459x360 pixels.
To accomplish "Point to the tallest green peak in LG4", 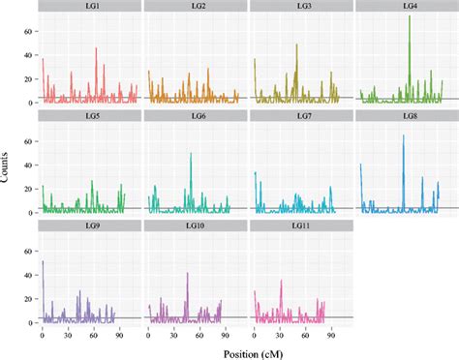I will tap(410, 16).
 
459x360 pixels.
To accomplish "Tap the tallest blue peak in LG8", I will tap(404, 135).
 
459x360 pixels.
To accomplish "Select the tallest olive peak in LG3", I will tap(296, 45).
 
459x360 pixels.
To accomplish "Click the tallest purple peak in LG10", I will tap(187, 273).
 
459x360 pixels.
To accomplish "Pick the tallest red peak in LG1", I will tap(96, 48).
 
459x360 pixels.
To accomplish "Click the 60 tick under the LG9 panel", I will tap(93, 332).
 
